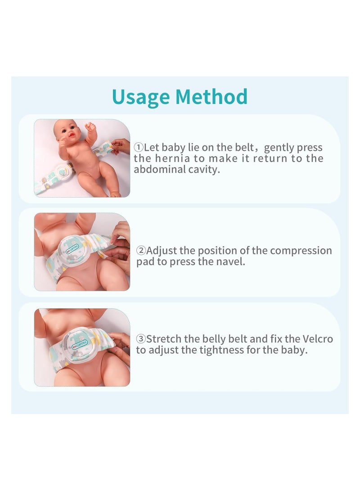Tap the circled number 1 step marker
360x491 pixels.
[139, 148]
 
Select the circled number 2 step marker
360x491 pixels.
[141, 251]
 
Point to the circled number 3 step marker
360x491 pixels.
[141, 339]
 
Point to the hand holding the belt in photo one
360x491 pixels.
[121, 145]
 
